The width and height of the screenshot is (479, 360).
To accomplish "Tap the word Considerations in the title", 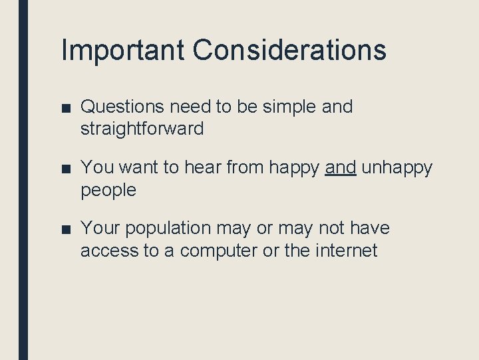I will pyautogui.click(x=289, y=50).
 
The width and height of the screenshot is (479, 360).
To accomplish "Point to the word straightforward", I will pyautogui.click(x=142, y=129).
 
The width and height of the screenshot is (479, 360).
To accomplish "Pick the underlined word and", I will pyautogui.click(x=341, y=168).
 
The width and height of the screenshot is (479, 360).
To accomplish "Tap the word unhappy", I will pyautogui.click(x=397, y=169).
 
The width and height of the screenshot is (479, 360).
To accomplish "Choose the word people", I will pyautogui.click(x=108, y=191).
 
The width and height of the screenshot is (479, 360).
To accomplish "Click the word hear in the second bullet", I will pyautogui.click(x=204, y=168).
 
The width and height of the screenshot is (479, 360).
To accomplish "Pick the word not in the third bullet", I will pyautogui.click(x=331, y=229).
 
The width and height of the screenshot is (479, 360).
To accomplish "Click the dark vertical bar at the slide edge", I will pyautogui.click(x=23, y=180).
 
